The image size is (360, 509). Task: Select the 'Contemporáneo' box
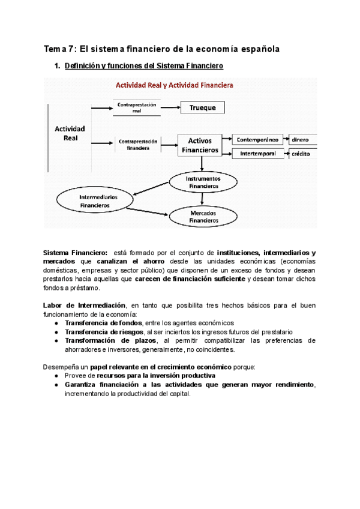257,139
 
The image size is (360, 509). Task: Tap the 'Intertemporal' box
257,154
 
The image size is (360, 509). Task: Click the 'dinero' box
302,139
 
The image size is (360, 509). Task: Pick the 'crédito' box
302,154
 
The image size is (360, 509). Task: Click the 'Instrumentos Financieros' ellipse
203,182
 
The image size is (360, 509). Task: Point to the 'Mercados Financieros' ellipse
203,217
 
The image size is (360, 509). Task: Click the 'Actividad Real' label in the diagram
70,133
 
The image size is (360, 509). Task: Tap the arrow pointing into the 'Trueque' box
172,108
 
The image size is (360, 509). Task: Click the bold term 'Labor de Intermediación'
83,306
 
